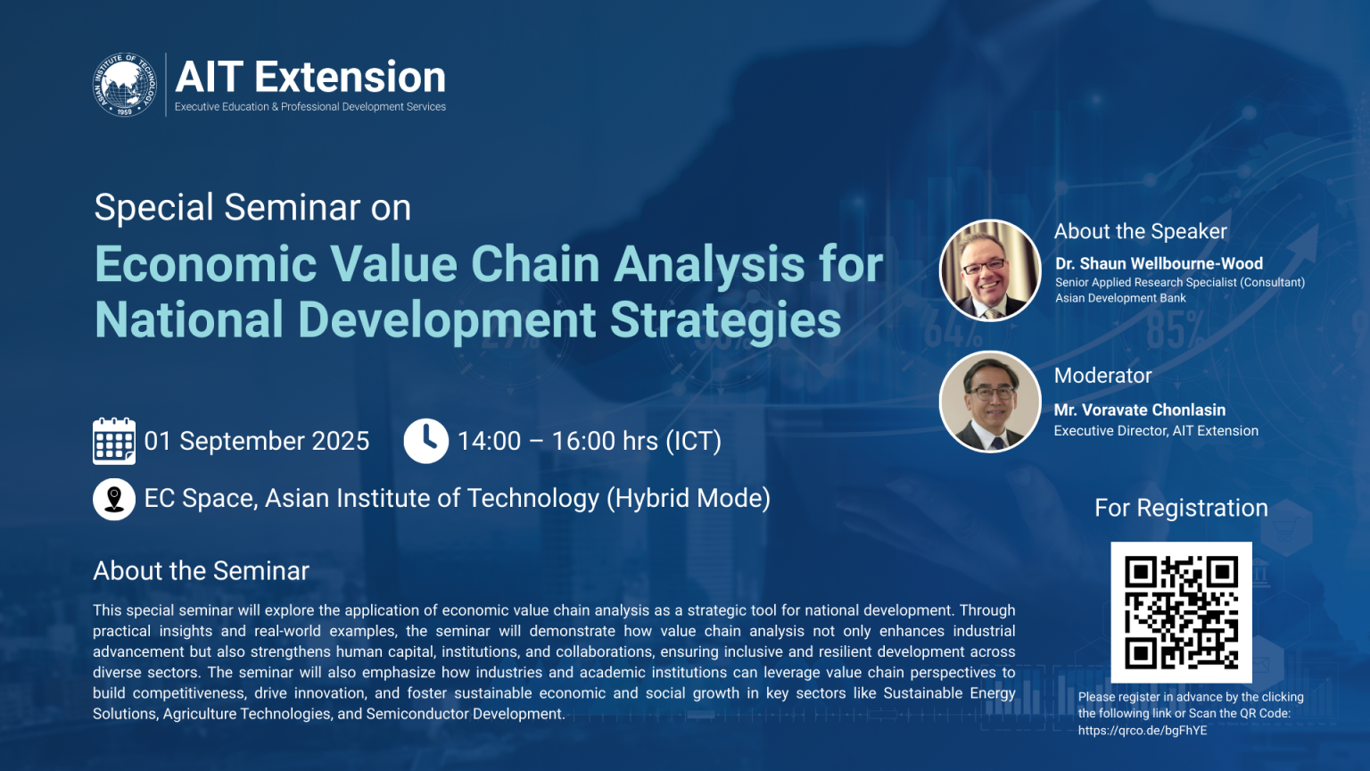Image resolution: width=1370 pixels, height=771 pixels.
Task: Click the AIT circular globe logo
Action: click(125, 85)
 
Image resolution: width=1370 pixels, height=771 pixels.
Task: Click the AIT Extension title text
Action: click(310, 77)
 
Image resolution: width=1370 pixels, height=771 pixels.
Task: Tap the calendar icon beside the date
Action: click(114, 441)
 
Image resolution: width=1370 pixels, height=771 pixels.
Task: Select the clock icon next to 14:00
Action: click(425, 441)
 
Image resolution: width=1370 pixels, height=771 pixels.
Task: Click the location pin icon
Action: click(114, 499)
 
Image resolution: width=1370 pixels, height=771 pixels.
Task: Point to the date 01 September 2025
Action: click(257, 441)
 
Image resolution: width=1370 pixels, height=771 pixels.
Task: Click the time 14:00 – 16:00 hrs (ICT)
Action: click(589, 441)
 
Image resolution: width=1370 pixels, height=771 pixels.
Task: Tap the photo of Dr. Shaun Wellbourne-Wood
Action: click(990, 270)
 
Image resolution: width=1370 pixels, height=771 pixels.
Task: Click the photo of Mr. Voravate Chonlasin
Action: click(990, 402)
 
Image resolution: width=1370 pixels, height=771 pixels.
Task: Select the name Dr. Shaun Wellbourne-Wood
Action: click(1159, 263)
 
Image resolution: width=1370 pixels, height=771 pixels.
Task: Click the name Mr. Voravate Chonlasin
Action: click(1139, 410)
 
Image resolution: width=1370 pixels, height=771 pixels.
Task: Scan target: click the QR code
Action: click(1181, 612)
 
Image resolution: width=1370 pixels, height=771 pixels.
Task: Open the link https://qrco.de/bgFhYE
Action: click(1142, 730)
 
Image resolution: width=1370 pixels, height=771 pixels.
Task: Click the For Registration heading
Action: click(1181, 508)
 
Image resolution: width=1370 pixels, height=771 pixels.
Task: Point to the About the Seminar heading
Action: click(202, 571)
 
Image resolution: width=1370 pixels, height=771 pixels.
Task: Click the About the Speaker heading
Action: click(1140, 231)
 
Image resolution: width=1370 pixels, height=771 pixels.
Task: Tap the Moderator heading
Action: click(1102, 376)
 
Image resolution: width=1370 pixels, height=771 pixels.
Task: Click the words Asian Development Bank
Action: click(1120, 298)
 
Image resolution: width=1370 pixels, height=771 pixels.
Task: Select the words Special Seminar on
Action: click(252, 207)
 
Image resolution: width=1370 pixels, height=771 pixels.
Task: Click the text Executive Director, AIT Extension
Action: click(1156, 431)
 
